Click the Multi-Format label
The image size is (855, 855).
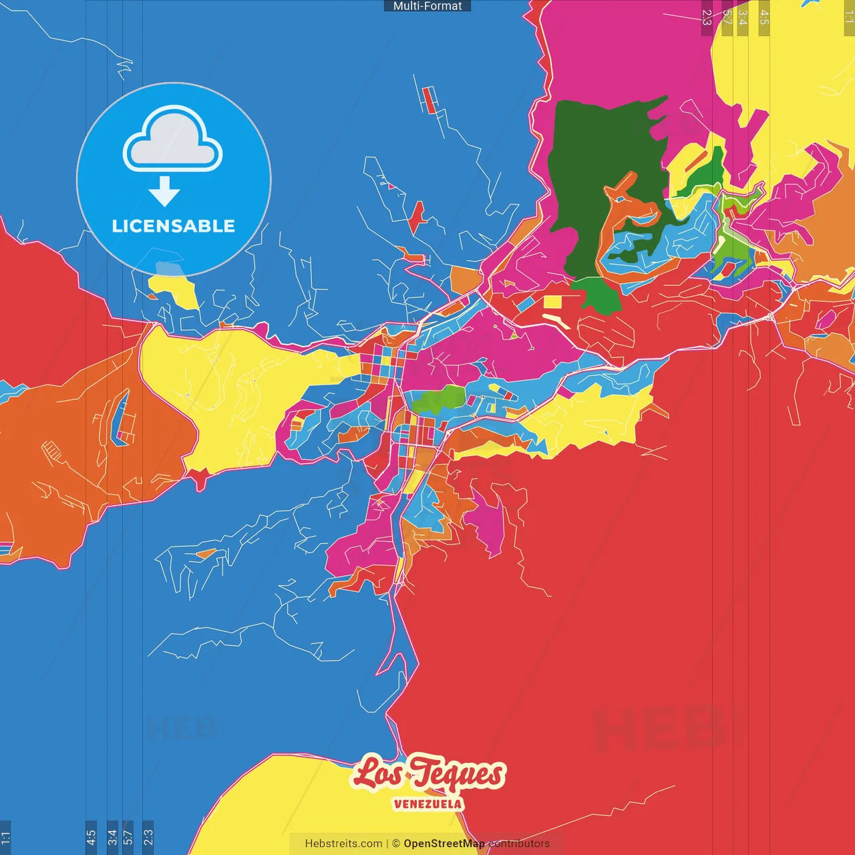click(427, 6)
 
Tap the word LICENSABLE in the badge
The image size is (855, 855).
click(173, 226)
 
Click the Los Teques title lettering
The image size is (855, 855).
click(427, 774)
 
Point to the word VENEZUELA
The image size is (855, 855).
click(427, 804)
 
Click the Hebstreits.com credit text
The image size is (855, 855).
click(343, 844)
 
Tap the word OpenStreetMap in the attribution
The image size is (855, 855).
click(444, 844)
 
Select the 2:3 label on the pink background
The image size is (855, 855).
click(707, 17)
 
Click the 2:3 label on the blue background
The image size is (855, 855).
click(148, 837)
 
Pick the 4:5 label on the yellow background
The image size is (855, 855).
click(764, 17)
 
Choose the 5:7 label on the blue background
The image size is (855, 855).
click(128, 837)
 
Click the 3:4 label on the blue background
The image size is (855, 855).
click(112, 837)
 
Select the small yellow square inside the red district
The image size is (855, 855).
click(552, 302)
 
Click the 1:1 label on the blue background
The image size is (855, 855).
click(5, 837)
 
